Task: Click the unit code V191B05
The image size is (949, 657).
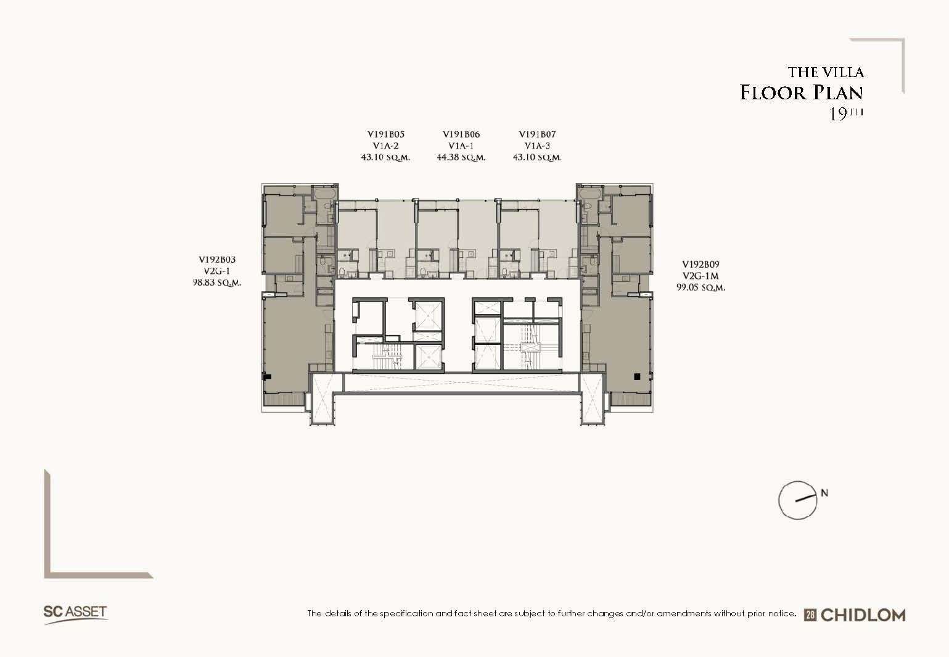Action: click(385, 134)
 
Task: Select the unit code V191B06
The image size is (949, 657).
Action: click(461, 134)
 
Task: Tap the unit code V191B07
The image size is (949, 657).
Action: click(537, 134)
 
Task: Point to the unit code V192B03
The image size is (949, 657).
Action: click(217, 260)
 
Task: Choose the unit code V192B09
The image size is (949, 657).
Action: click(700, 264)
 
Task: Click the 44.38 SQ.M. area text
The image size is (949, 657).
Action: click(461, 157)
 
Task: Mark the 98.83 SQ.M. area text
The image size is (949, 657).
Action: click(217, 283)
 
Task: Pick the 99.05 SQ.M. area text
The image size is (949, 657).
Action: click(700, 287)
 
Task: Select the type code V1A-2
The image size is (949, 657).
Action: click(385, 146)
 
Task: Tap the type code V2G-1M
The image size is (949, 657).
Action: click(700, 276)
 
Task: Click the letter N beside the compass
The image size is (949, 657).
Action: click(824, 493)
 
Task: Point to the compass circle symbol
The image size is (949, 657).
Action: click(798, 500)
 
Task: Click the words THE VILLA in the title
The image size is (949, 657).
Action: click(826, 72)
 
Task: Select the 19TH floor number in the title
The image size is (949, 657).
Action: click(845, 114)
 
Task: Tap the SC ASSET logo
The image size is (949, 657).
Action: click(75, 614)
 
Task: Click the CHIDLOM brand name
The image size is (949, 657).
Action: click(863, 615)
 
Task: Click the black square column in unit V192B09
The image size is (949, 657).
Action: click(636, 376)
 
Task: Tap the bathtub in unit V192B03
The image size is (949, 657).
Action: click(325, 194)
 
